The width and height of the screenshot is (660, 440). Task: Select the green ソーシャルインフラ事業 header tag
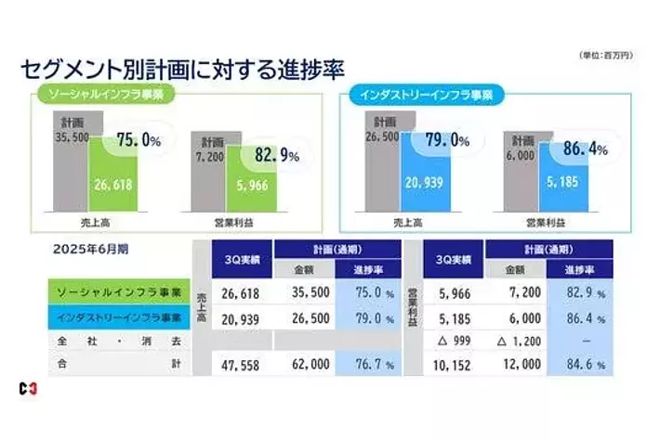[105, 94]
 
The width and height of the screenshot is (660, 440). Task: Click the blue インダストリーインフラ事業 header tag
[429, 94]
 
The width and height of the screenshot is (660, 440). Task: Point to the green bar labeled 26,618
[112, 184]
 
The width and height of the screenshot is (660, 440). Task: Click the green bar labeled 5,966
[253, 184]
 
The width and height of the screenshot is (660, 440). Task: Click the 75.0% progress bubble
[139, 141]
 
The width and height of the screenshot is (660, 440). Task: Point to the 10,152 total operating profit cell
[453, 365]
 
